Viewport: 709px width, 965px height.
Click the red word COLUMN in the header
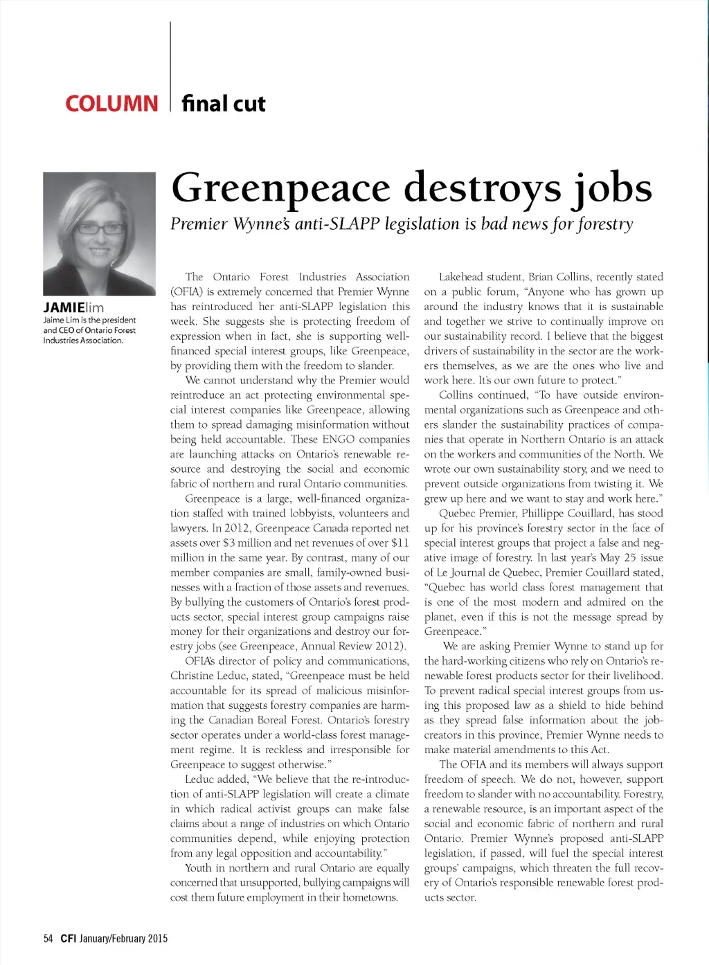[x=111, y=104]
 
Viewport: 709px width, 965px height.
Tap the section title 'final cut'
[x=223, y=104]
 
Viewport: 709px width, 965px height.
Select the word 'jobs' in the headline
[x=612, y=188]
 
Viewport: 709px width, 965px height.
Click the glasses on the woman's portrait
[x=101, y=228]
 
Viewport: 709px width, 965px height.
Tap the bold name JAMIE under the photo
[x=64, y=307]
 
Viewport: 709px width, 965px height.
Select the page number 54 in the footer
[x=48, y=939]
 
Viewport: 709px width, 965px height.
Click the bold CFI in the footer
[x=68, y=939]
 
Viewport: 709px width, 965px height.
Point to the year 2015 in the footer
[x=158, y=939]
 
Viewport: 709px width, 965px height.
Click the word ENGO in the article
[x=339, y=440]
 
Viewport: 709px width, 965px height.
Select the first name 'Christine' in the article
[x=193, y=676]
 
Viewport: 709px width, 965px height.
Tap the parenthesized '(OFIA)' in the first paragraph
[x=187, y=292]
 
